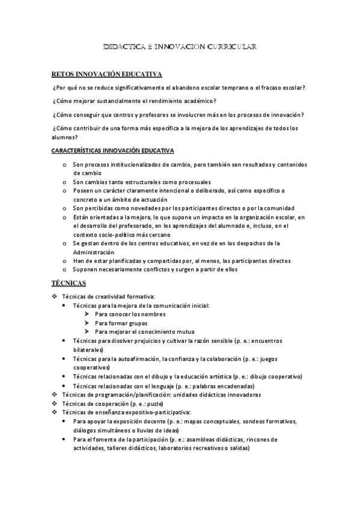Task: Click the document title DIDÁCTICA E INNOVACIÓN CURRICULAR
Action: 180,46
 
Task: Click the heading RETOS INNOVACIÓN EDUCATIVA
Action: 107,75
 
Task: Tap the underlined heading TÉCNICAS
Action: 69,283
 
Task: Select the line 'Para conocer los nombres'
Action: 130,315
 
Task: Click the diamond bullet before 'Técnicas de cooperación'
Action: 55,404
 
